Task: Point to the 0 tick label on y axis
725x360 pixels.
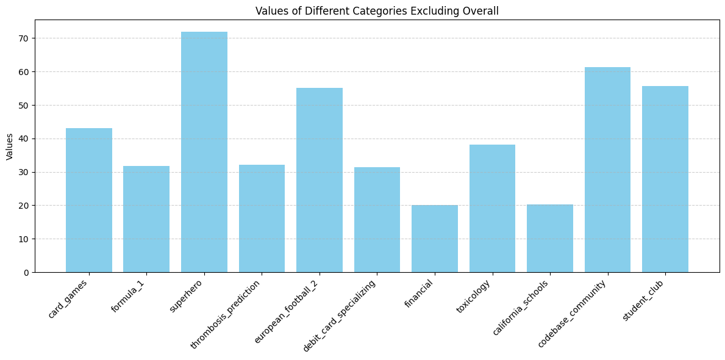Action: [x=26, y=273]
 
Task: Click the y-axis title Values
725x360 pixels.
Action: [x=10, y=146]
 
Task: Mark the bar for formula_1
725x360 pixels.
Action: [x=146, y=219]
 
